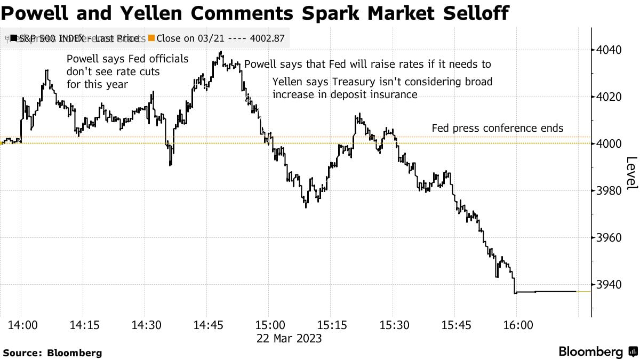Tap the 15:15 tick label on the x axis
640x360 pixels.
pyautogui.click(x=332, y=325)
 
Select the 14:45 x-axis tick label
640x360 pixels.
pyautogui.click(x=207, y=325)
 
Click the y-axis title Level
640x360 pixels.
pyautogui.click(x=631, y=173)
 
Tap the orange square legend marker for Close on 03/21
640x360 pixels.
pyautogui.click(x=151, y=38)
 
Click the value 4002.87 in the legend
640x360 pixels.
pyautogui.click(x=267, y=38)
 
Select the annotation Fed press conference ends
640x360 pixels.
pyautogui.click(x=497, y=129)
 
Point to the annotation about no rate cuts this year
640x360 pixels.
pyautogui.click(x=127, y=71)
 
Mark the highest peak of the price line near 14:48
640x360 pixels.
pyautogui.click(x=220, y=52)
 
